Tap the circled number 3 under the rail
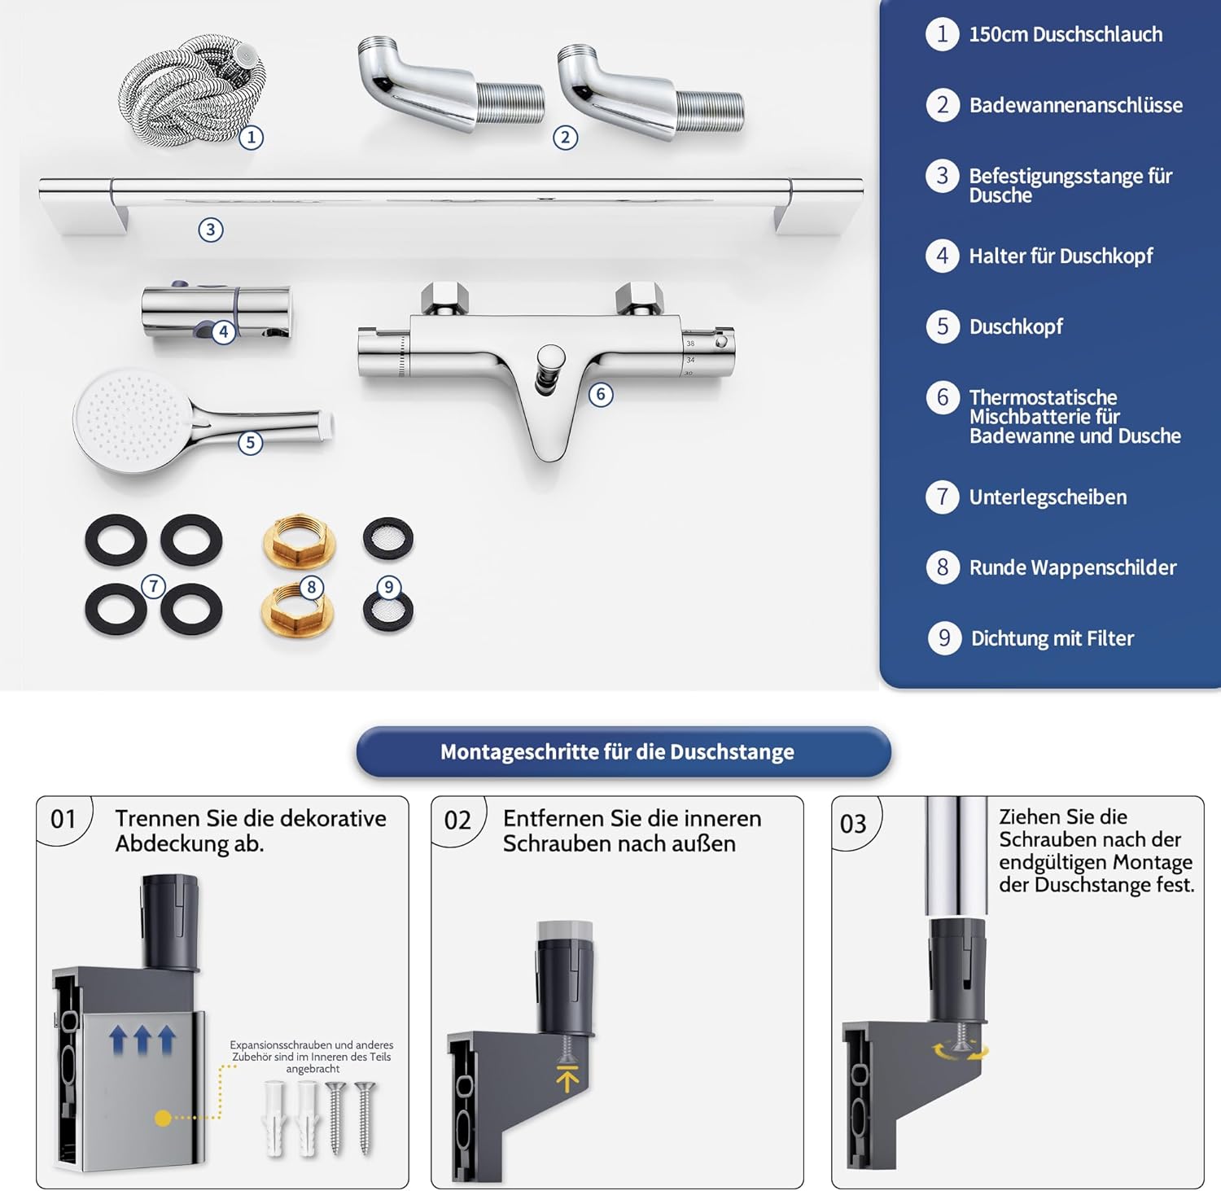[x=211, y=230]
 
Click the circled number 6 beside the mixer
[x=601, y=395]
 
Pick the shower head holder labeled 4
[x=217, y=312]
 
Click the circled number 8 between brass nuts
[x=311, y=587]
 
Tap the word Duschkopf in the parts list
[x=1016, y=326]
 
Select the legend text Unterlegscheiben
[x=1048, y=497]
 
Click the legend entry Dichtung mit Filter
[x=1053, y=638]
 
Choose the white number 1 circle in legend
[x=942, y=34]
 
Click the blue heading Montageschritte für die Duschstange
[x=617, y=751]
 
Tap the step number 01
[x=63, y=819]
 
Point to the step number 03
[x=853, y=824]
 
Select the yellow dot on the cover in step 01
[x=163, y=1119]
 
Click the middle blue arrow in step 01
[x=142, y=1040]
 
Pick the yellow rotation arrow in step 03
[x=961, y=1051]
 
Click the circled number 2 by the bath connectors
[x=566, y=137]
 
